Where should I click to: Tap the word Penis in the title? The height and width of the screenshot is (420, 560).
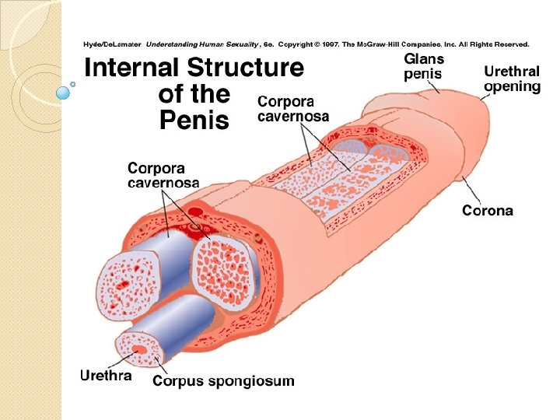click(x=194, y=121)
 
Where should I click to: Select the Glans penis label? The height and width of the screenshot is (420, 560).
click(x=424, y=67)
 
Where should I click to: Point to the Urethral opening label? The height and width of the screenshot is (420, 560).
click(x=512, y=79)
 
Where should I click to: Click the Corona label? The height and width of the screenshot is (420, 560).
click(x=488, y=210)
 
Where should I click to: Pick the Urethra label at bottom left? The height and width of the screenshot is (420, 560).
click(x=106, y=376)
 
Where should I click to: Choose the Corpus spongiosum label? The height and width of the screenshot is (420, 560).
click(x=223, y=380)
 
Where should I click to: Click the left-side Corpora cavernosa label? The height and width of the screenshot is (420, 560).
click(x=163, y=175)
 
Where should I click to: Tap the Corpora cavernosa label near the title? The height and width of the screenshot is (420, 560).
click(x=293, y=109)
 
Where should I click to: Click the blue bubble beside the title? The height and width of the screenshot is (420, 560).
click(x=64, y=93)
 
